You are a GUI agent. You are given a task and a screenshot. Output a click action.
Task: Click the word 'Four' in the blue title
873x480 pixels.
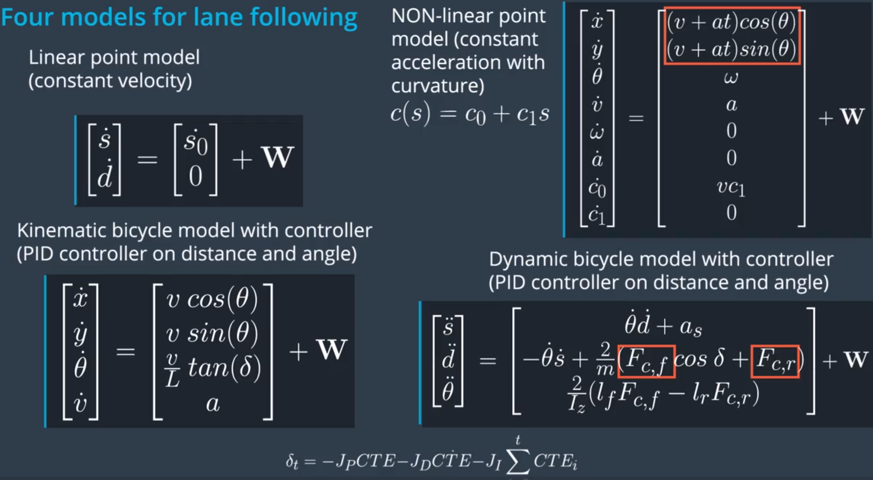point(27,17)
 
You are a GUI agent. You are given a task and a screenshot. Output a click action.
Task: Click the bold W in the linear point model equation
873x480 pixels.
point(277,158)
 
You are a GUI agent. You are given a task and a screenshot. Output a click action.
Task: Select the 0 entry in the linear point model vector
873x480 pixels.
point(196,177)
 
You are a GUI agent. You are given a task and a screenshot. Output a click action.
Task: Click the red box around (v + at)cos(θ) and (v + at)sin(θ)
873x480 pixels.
point(732,36)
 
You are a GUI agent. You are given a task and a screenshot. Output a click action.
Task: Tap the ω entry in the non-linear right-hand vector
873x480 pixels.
point(731,77)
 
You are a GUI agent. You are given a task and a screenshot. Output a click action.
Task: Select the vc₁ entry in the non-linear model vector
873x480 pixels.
point(731,187)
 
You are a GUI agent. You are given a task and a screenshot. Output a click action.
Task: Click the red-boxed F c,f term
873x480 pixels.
point(646,361)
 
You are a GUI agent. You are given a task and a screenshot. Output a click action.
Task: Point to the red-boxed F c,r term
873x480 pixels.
point(775,361)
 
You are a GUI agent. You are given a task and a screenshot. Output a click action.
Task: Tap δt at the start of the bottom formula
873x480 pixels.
point(291,461)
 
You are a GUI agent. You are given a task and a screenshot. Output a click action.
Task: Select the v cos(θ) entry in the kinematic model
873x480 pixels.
point(212,299)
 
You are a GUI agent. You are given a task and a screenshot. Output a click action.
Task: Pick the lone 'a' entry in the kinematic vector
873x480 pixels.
point(213,403)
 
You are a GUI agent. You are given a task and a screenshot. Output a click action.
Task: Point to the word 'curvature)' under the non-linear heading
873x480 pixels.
point(437,86)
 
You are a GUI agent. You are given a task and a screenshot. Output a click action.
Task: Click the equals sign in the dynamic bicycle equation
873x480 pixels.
point(488,360)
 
